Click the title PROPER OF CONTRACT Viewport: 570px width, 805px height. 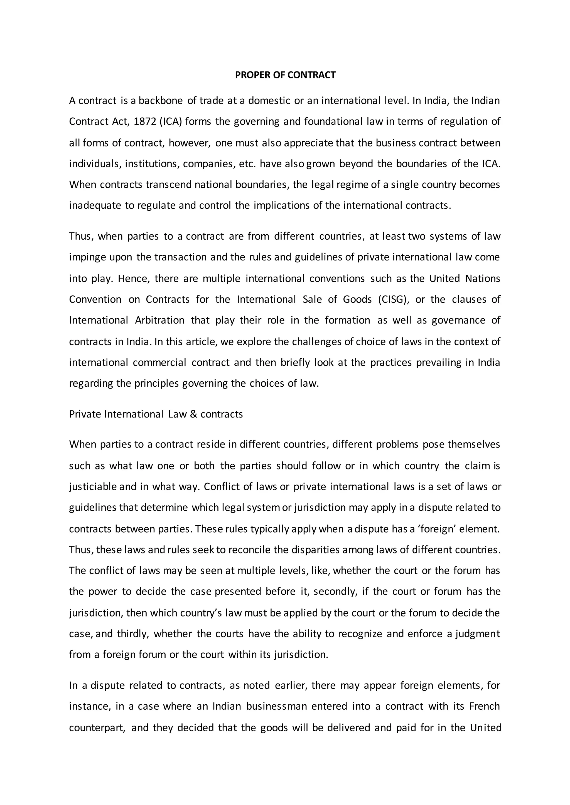285,75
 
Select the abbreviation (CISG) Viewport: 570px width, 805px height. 393,299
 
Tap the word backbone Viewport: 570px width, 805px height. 160,101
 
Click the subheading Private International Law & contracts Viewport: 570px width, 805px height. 156,414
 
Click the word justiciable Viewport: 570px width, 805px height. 93,487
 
